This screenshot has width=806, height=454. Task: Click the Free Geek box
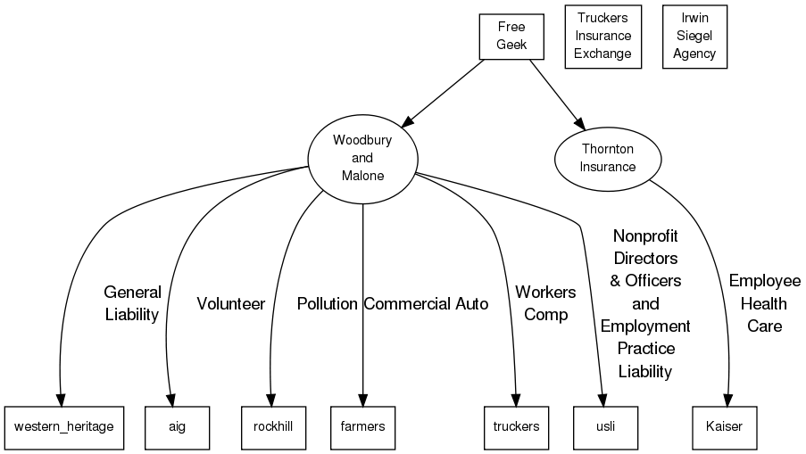tap(511, 37)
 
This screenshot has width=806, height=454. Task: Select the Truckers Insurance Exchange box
tap(602, 37)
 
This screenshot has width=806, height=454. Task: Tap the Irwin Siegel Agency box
tap(694, 37)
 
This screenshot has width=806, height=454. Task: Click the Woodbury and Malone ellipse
tap(362, 158)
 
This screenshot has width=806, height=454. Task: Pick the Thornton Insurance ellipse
tap(608, 158)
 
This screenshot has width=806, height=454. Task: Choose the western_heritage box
tap(63, 426)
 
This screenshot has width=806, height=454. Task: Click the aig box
tap(177, 426)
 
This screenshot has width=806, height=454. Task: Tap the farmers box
tap(362, 426)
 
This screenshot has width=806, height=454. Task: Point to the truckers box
tap(516, 426)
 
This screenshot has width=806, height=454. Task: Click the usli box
tap(606, 426)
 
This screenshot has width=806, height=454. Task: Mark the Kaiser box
tap(729, 426)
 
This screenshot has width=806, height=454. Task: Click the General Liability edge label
tap(132, 303)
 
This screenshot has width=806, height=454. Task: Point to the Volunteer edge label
tap(231, 304)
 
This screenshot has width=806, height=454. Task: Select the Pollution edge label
tap(328, 304)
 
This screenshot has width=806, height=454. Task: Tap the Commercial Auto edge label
tap(426, 304)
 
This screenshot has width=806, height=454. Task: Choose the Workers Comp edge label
tap(545, 303)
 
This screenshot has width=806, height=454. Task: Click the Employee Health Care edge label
tap(765, 303)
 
